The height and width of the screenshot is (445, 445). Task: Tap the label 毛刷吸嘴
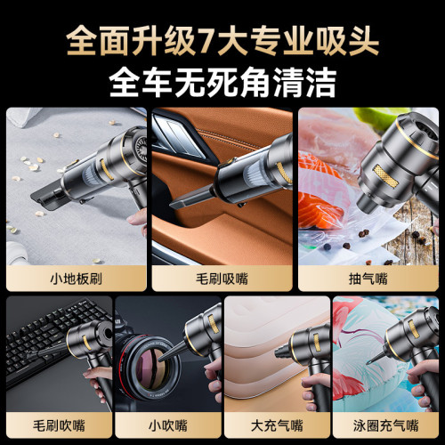(x=222, y=278)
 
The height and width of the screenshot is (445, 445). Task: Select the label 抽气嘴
(x=368, y=278)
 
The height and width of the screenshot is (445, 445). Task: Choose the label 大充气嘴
(x=275, y=425)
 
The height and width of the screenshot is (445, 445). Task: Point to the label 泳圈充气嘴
(x=384, y=425)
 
